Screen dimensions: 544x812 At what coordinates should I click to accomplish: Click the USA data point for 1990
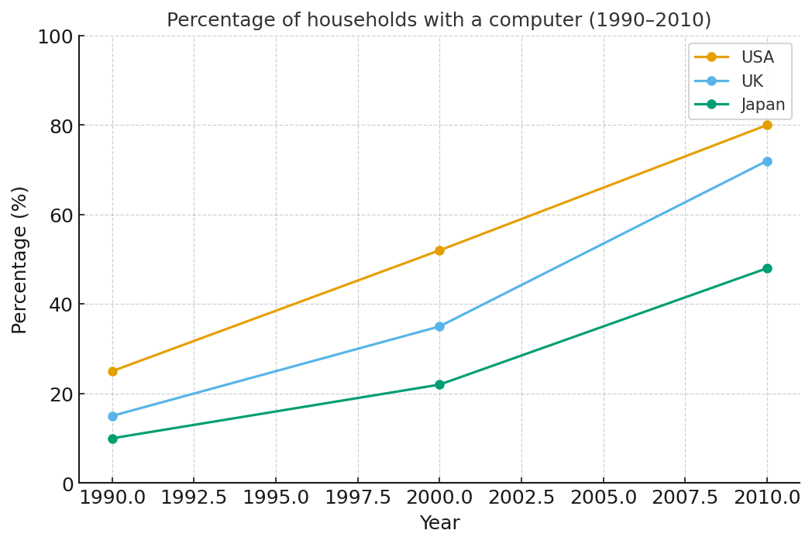[112, 371]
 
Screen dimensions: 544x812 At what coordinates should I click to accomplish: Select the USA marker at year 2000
[439, 250]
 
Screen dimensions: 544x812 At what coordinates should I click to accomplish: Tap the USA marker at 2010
[767, 125]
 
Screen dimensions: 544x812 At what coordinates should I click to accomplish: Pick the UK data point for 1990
[112, 416]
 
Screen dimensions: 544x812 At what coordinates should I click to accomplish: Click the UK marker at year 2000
[439, 326]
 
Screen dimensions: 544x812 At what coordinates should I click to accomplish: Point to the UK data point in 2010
[767, 161]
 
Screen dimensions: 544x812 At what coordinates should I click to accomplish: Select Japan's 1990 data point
[112, 439]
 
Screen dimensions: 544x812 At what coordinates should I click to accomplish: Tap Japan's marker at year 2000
[439, 384]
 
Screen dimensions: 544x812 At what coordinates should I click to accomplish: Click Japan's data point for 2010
[767, 268]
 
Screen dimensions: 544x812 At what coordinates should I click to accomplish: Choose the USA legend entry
[757, 57]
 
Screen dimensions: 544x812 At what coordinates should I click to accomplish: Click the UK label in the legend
[752, 81]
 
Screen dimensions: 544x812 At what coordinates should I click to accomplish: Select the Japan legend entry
[762, 105]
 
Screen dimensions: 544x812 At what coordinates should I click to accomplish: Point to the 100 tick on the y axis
[55, 36]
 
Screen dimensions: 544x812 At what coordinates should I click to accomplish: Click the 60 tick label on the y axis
[61, 215]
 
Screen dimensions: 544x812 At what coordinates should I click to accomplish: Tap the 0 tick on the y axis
[67, 484]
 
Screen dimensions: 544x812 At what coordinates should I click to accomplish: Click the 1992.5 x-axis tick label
[194, 498]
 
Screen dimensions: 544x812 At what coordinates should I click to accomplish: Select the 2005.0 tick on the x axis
[603, 498]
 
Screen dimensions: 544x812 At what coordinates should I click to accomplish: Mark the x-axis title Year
[439, 524]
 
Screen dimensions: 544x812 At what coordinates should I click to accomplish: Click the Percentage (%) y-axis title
[19, 260]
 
